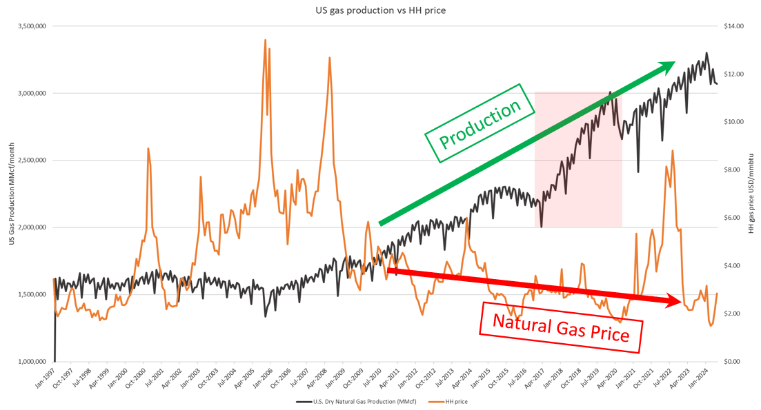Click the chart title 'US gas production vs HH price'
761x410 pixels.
tap(380, 10)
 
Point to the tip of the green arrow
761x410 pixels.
tap(674, 63)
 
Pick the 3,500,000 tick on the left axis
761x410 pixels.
tap(31, 26)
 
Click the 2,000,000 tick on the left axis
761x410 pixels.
tap(31, 227)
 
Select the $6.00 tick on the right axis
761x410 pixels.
tap(733, 218)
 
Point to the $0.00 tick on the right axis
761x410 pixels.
tap(733, 361)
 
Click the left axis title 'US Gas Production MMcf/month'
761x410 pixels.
tap(12, 194)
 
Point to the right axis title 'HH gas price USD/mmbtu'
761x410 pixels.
tap(751, 194)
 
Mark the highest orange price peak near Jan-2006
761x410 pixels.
tap(266, 40)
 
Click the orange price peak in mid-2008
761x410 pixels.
tap(330, 57)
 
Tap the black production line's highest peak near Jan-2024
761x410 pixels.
tap(706, 53)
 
